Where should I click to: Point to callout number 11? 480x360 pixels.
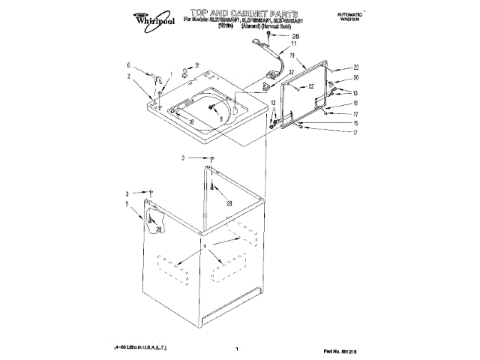pyautogui.click(x=294, y=45)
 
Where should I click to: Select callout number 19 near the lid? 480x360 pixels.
pyautogui.click(x=292, y=55)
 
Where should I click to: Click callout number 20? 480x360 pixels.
pyautogui.click(x=357, y=78)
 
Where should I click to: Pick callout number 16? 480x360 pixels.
pyautogui.click(x=357, y=103)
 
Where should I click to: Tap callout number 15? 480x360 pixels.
pyautogui.click(x=357, y=123)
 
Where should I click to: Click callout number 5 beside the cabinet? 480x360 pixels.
pyautogui.click(x=127, y=203)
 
